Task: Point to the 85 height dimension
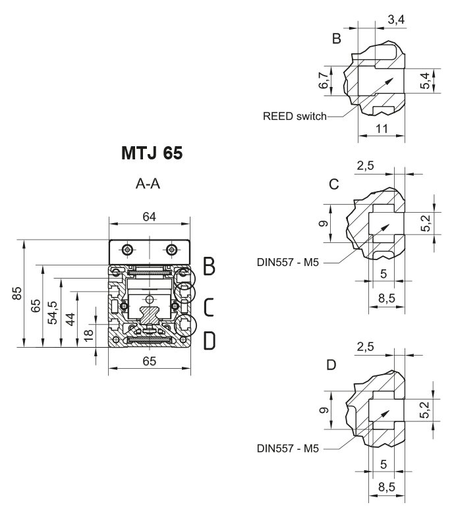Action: click(x=18, y=292)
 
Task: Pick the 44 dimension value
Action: click(x=71, y=318)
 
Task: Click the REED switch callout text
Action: click(x=295, y=117)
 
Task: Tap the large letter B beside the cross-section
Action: click(x=209, y=267)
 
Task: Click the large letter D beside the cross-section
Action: click(x=209, y=340)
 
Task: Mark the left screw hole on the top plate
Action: click(x=126, y=250)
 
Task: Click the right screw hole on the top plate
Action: click(x=172, y=250)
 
